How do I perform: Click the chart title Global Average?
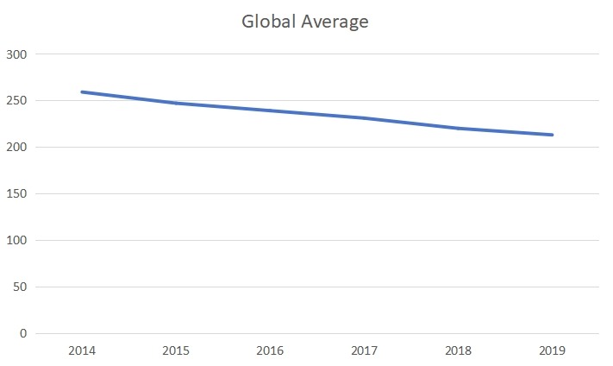pos(306,22)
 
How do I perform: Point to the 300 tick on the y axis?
pos(18,54)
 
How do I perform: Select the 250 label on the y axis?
pos(18,101)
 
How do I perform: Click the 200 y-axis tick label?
pos(18,148)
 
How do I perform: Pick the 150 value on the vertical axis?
pos(18,194)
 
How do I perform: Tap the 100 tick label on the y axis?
pos(18,241)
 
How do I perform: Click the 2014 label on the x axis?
pos(82,352)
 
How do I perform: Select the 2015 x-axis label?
pos(176,352)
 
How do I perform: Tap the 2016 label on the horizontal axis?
pos(270,352)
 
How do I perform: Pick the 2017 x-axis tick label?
pos(364,352)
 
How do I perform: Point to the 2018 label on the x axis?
pos(458,352)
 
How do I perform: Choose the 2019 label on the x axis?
pos(552,352)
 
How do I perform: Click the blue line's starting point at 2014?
pos(82,91)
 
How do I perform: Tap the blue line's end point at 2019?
pos(552,135)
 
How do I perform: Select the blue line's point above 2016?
pos(270,110)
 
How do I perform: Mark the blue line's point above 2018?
pos(458,129)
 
